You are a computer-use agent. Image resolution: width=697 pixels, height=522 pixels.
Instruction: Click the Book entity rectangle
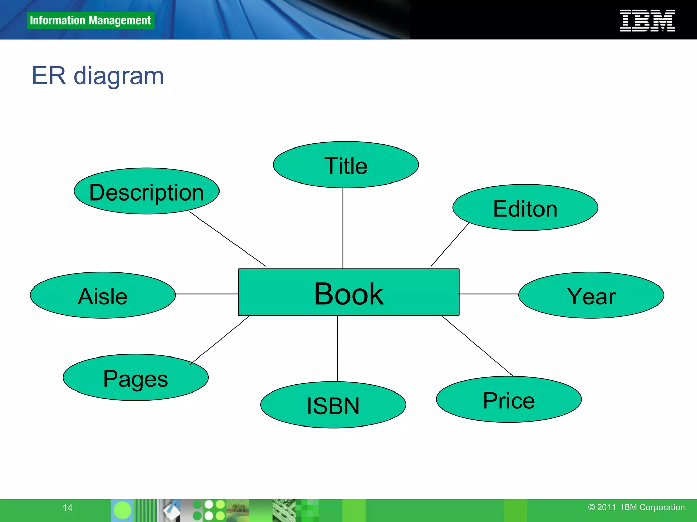pos(348,293)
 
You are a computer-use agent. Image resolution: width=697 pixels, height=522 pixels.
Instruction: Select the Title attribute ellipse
pos(345,165)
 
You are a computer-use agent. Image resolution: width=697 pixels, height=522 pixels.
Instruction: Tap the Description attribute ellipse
pos(146,191)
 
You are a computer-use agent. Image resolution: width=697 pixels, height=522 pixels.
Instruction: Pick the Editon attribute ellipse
pos(525,208)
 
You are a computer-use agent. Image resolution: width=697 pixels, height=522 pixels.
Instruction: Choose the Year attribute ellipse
pos(591,295)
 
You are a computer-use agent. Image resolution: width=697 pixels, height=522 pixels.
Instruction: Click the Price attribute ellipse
pos(509,400)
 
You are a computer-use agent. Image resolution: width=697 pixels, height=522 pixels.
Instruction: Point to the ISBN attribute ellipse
pos(333,405)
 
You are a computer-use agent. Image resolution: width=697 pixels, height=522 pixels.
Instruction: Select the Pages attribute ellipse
pos(135,378)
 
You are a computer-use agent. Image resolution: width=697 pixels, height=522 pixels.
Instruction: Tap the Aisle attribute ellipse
pos(102,295)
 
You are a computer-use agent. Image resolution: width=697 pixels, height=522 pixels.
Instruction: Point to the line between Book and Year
pos(489,294)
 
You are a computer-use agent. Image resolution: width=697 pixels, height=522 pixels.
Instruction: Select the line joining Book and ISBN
pos(337,348)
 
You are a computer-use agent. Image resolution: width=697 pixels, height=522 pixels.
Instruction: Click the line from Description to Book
pos(228,239)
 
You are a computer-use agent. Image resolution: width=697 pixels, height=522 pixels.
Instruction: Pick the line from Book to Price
pos(477,346)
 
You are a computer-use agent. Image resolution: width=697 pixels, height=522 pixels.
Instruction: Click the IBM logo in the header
pos(647,20)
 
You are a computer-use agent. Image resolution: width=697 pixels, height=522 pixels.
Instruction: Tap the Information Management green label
pos(90,20)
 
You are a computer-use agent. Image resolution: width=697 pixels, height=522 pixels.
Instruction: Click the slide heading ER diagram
pos(98,76)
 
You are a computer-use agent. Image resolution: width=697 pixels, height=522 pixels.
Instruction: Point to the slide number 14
pos(68,508)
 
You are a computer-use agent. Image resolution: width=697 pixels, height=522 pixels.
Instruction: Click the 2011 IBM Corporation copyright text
pos(636,507)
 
